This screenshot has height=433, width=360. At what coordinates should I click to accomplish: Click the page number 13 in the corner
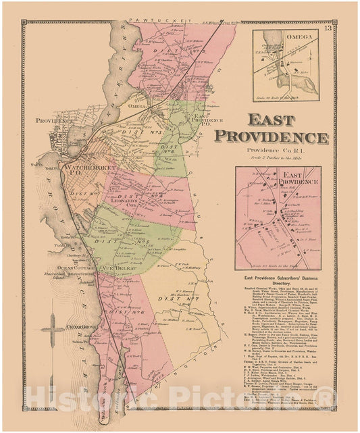click(x=328, y=27)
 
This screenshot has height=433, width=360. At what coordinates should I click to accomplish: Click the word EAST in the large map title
click(x=272, y=121)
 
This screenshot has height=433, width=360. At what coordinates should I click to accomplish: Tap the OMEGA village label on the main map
click(x=136, y=106)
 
